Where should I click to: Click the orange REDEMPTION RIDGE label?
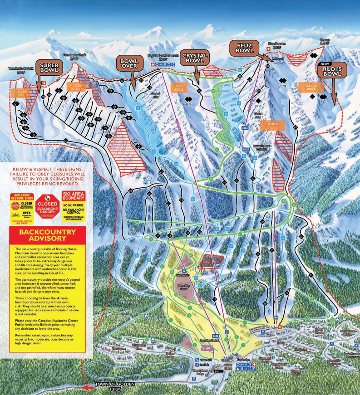coord(272,126)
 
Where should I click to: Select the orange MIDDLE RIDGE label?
coord(311,87)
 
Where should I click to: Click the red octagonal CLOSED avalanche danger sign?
coord(48,204)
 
